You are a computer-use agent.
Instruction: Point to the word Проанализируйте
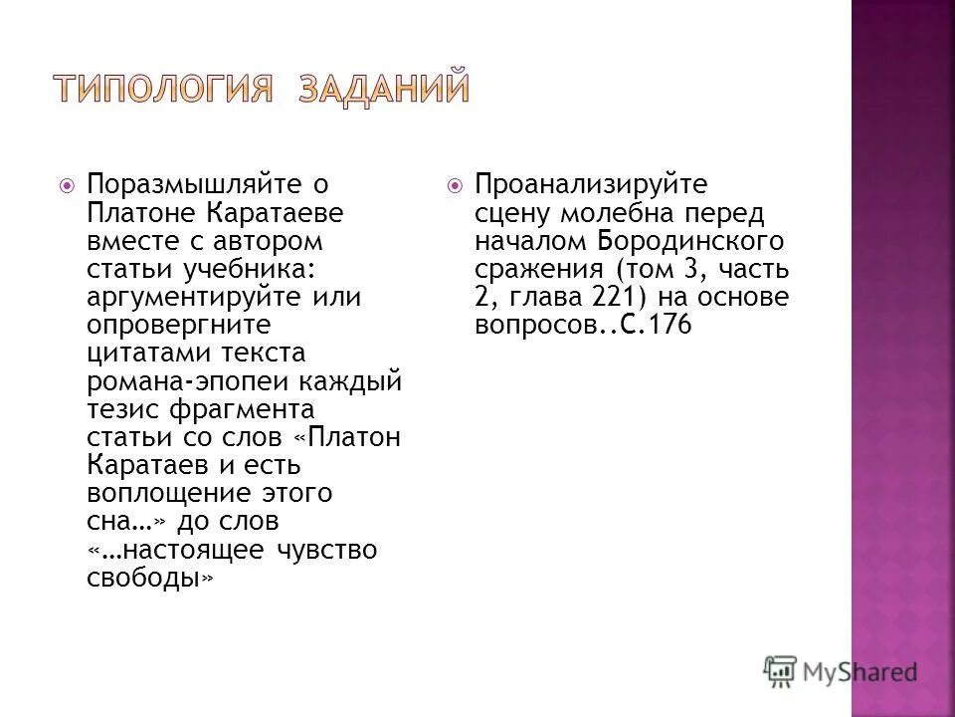point(591,184)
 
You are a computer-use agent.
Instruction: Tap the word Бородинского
point(691,240)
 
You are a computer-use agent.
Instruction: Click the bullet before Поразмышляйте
point(66,185)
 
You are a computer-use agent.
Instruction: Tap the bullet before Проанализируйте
point(455,185)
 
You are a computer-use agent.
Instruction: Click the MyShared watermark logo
point(841,669)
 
